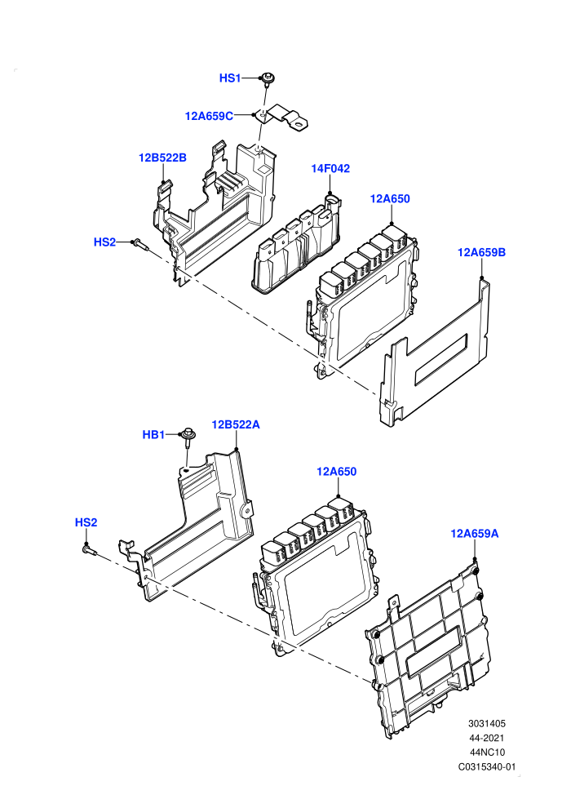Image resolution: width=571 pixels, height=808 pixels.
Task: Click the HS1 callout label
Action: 230,78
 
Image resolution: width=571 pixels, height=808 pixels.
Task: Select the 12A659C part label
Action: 209,116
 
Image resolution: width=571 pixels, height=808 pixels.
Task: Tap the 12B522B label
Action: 162,158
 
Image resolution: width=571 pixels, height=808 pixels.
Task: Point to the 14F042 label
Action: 330,168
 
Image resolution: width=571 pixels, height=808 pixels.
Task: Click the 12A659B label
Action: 481,252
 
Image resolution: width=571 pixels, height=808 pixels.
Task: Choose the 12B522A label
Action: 236,424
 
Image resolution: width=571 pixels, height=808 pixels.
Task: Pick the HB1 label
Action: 153,435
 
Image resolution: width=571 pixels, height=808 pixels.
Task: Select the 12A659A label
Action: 475,533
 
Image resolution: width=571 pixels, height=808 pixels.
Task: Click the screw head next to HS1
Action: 268,79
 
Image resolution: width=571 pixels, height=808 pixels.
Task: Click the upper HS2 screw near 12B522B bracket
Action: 141,245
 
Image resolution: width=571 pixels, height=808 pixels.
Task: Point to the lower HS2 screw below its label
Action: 89,550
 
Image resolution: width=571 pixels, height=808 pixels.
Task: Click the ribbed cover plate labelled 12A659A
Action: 428,652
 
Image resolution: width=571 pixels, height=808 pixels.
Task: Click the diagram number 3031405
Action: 486,723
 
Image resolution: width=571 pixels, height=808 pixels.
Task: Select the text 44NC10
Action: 487,753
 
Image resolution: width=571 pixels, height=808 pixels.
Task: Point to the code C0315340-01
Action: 487,766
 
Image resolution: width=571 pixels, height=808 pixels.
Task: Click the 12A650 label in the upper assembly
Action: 390,199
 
